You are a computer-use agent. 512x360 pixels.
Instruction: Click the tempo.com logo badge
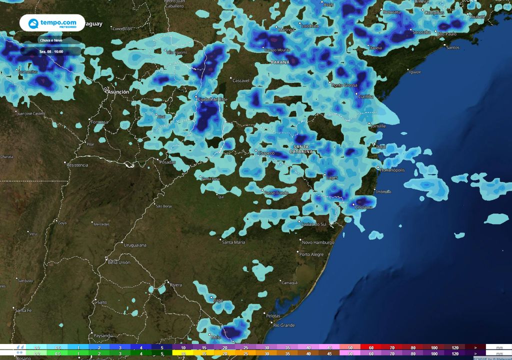point(52,23)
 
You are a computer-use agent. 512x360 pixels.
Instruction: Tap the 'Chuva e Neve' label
point(51,39)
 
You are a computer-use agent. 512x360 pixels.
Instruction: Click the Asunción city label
point(118,92)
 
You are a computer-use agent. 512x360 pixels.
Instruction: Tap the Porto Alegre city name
point(311,254)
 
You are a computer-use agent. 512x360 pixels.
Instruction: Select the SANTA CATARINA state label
point(301,148)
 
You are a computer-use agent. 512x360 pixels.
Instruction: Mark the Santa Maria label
point(233,242)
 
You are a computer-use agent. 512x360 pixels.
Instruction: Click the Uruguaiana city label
point(135,245)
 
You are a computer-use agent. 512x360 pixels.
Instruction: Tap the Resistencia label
point(77,165)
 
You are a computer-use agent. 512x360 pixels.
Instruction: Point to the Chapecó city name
point(265,152)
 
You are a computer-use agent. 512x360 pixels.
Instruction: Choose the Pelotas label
point(273,316)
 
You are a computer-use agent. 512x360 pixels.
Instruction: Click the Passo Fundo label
point(276,192)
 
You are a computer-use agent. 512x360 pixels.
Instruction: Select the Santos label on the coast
point(452,47)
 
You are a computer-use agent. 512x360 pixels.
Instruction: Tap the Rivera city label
point(176,285)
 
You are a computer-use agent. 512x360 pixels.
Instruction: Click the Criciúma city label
point(362,207)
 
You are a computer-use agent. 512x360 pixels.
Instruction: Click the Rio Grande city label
point(284,325)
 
